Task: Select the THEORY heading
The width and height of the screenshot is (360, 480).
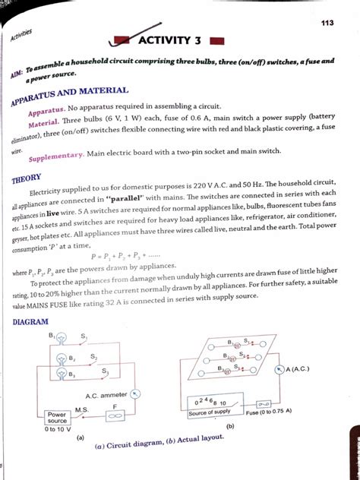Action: [x=27, y=179]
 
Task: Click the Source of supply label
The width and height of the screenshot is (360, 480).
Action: [x=211, y=412]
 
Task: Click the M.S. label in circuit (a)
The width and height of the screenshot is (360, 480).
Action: [x=82, y=409]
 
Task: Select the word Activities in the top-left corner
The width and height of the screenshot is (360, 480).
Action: [x=22, y=35]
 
